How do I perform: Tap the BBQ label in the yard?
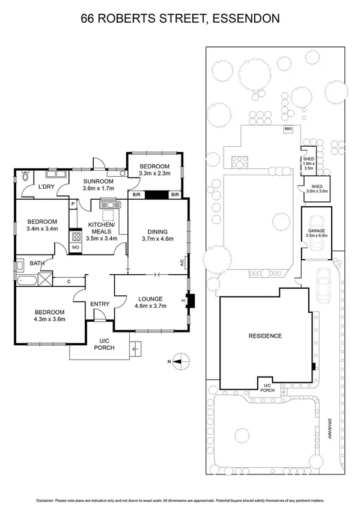[x=288, y=129]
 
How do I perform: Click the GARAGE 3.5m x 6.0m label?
[x=317, y=233]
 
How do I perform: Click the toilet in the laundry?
[x=25, y=177]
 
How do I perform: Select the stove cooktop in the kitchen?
[x=77, y=236]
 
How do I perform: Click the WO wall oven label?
[x=76, y=247]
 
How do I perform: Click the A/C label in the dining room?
[x=182, y=262]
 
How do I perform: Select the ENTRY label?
[x=100, y=304]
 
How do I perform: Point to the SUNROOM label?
[x=98, y=182]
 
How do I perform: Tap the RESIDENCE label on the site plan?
[x=265, y=336]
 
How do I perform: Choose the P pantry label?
[x=73, y=204]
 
